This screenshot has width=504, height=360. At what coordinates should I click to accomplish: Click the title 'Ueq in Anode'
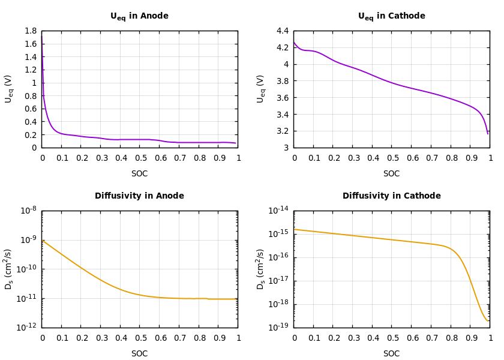pyautogui.click(x=139, y=16)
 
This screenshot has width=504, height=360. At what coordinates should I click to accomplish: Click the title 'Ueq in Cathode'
pyautogui.click(x=391, y=16)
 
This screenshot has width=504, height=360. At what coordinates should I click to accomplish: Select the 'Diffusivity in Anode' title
pyautogui.click(x=139, y=196)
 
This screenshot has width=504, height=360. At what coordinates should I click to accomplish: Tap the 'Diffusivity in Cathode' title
pyautogui.click(x=391, y=196)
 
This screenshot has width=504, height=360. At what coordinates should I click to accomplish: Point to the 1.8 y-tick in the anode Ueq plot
pyautogui.click(x=30, y=31)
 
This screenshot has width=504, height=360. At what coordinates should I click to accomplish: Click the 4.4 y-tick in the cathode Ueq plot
pyautogui.click(x=282, y=31)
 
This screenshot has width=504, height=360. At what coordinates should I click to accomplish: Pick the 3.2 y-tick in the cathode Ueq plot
pyautogui.click(x=282, y=131)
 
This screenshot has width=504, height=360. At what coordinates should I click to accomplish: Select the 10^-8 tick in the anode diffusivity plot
pyautogui.click(x=28, y=211)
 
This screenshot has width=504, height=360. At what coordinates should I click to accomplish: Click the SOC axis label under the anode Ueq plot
pyautogui.click(x=139, y=174)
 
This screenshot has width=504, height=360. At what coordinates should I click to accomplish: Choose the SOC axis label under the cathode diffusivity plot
pyautogui.click(x=391, y=354)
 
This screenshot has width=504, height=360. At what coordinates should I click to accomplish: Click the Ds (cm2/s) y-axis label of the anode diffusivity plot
pyautogui.click(x=8, y=269)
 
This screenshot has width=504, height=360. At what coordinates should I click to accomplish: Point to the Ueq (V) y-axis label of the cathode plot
pyautogui.click(x=260, y=89)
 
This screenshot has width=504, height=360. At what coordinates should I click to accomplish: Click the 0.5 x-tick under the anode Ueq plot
pyautogui.click(x=140, y=158)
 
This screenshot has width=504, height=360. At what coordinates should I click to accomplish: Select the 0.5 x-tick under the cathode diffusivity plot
pyautogui.click(x=392, y=338)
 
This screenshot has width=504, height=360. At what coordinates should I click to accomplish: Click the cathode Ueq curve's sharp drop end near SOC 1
pyautogui.click(x=488, y=133)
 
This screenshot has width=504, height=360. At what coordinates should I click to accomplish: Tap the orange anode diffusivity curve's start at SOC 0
pyautogui.click(x=43, y=241)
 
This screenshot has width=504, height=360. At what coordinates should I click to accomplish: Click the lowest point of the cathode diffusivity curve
pyautogui.click(x=488, y=320)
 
